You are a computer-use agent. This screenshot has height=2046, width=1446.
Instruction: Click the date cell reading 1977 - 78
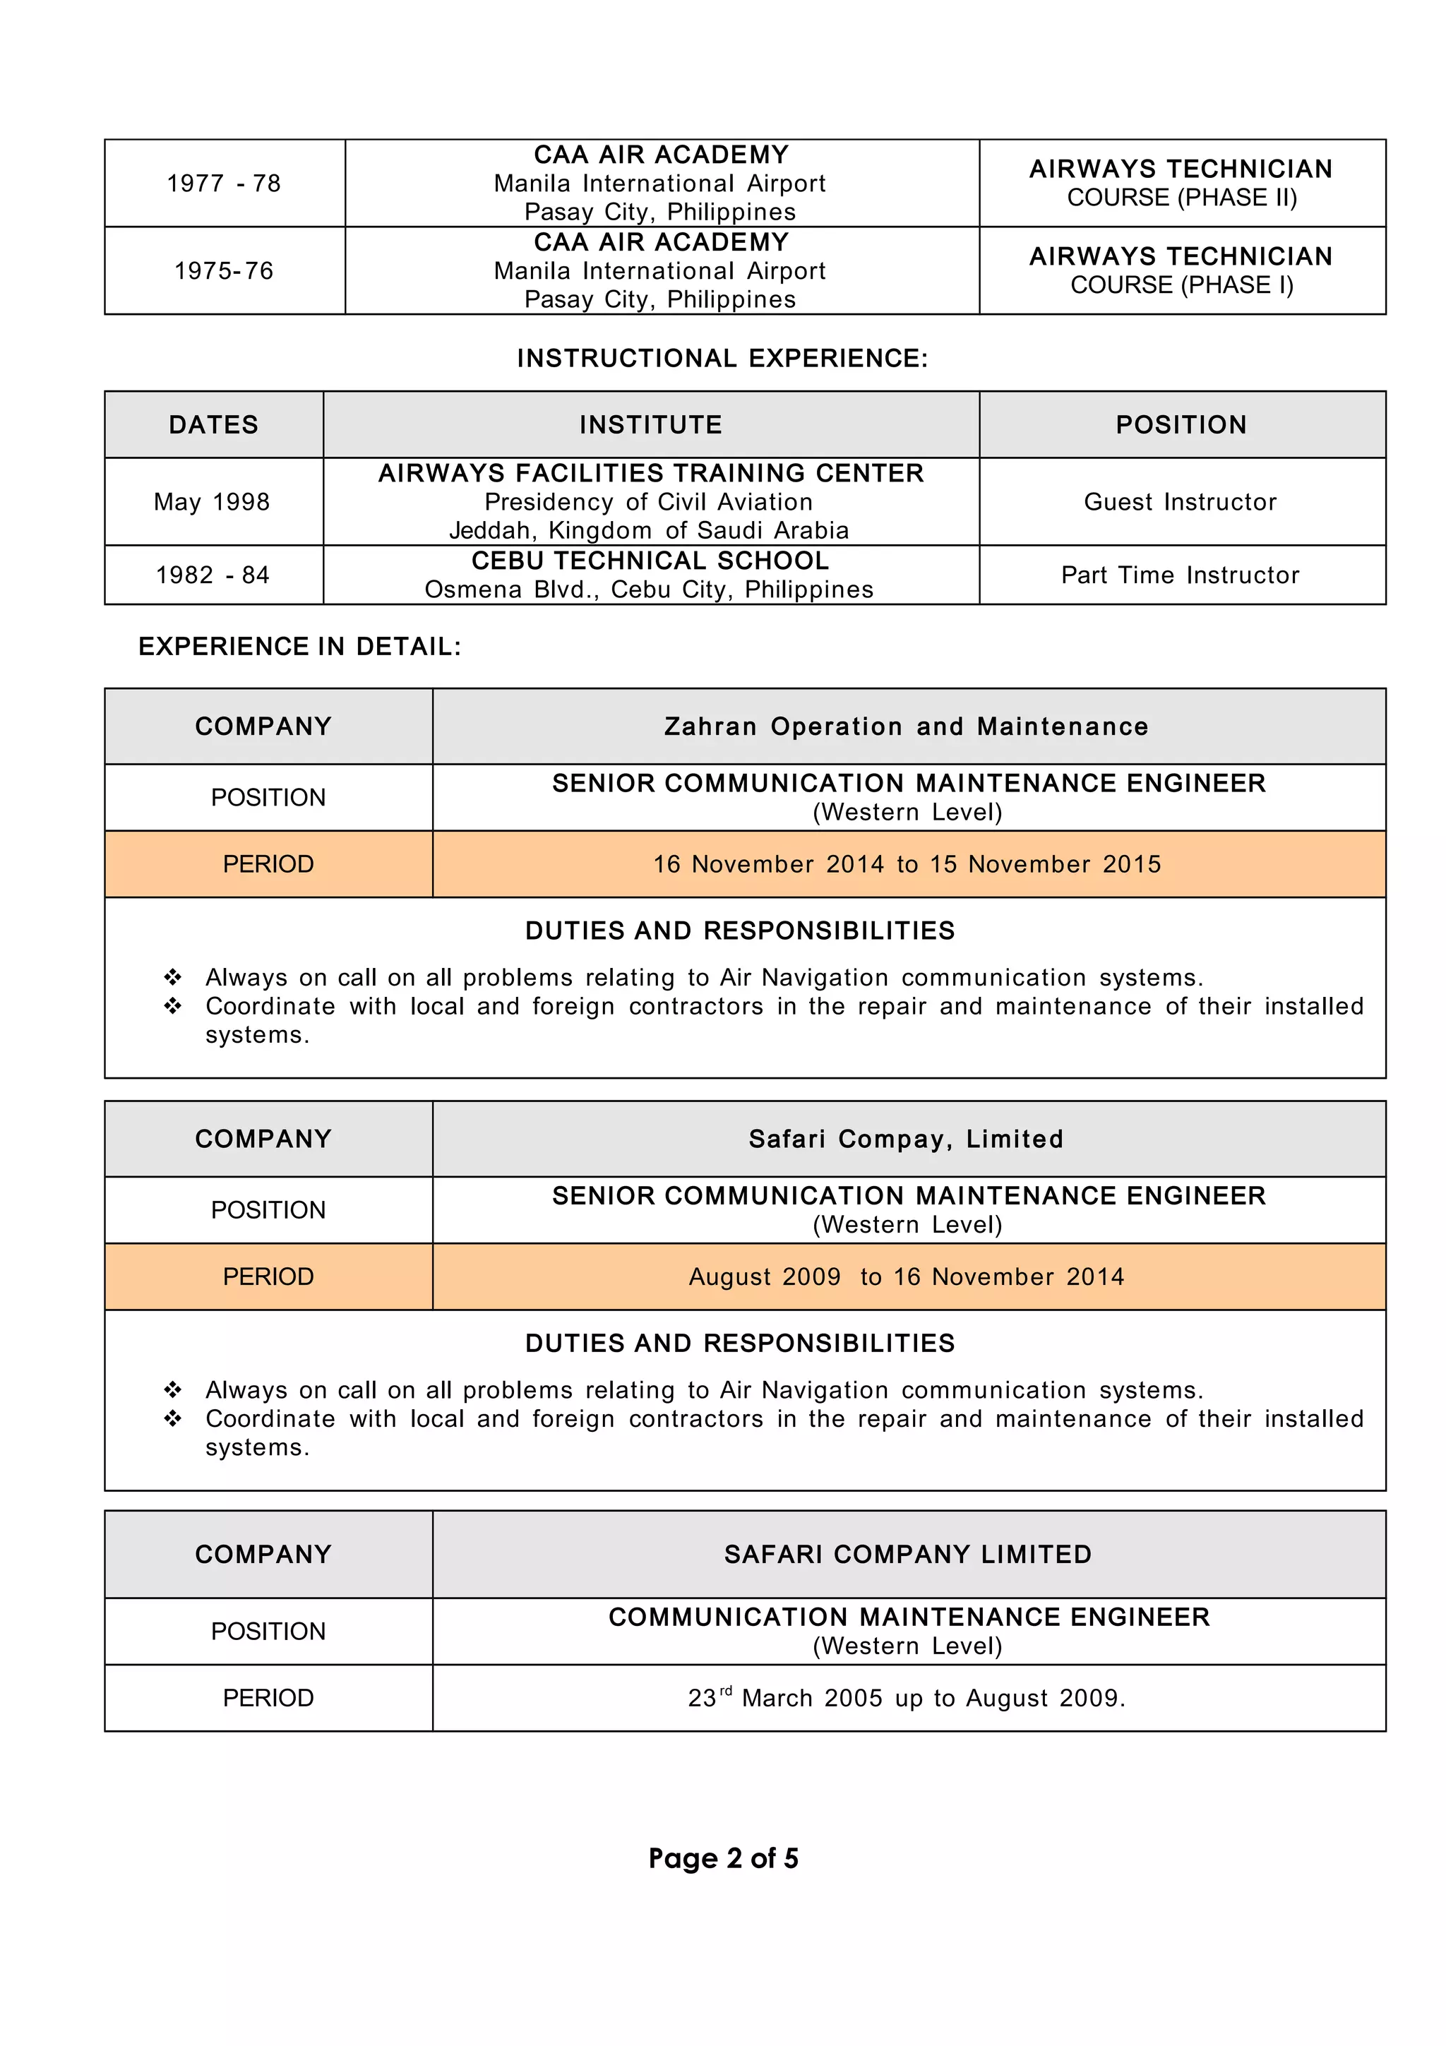[224, 184]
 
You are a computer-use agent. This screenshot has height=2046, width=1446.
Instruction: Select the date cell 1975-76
[224, 271]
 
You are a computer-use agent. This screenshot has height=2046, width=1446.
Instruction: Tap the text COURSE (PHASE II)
[1181, 198]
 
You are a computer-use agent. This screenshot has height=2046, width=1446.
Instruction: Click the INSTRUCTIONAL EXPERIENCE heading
[722, 358]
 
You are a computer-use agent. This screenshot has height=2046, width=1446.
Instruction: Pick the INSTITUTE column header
[650, 425]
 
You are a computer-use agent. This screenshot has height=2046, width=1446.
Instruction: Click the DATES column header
[214, 425]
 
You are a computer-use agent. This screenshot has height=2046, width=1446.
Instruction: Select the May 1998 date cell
[212, 502]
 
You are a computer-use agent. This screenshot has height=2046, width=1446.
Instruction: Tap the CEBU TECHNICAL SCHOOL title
[650, 561]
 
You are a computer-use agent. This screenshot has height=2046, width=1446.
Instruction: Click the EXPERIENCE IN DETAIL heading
[299, 647]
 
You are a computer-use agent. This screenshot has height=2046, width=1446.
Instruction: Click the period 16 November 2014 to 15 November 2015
[907, 864]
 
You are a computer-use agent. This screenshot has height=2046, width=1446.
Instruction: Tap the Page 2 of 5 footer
[722, 1859]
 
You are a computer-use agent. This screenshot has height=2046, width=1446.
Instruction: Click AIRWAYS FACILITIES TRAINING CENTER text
[650, 473]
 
